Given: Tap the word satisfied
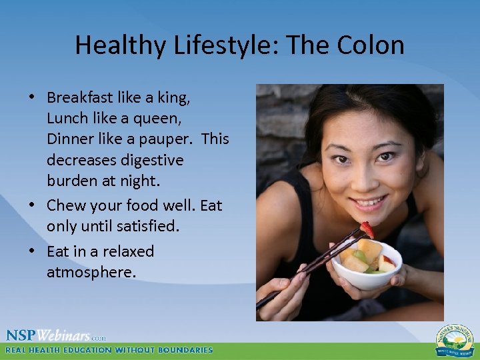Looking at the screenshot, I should coord(148,226).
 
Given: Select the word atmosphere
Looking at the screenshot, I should coord(91,272).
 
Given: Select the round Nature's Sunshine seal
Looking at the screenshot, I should coord(455,340).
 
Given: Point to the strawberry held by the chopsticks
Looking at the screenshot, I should coord(366,230).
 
